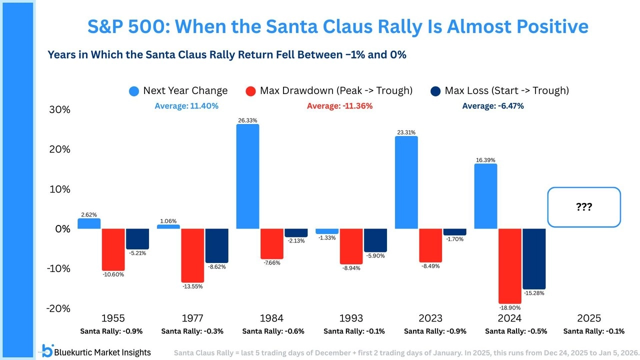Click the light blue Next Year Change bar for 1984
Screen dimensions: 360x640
click(x=247, y=176)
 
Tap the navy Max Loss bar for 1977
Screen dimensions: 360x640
click(x=216, y=246)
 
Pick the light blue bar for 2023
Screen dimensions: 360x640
click(x=406, y=182)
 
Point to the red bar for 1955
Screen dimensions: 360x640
click(x=113, y=249)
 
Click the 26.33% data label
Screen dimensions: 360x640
click(x=247, y=120)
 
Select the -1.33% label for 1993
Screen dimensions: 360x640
click(x=327, y=238)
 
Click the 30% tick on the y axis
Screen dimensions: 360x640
click(x=59, y=110)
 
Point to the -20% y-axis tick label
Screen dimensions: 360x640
click(x=58, y=308)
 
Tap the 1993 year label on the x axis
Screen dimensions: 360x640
click(x=351, y=318)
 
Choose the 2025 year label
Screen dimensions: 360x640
click(x=589, y=318)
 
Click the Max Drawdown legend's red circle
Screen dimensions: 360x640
click(x=251, y=91)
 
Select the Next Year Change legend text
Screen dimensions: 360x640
click(x=185, y=90)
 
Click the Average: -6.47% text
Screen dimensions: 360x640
click(x=492, y=106)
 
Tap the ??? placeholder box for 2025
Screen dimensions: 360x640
click(x=583, y=207)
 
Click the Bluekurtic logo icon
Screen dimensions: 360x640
click(x=47, y=351)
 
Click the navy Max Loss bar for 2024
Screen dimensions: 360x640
click(x=533, y=258)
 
